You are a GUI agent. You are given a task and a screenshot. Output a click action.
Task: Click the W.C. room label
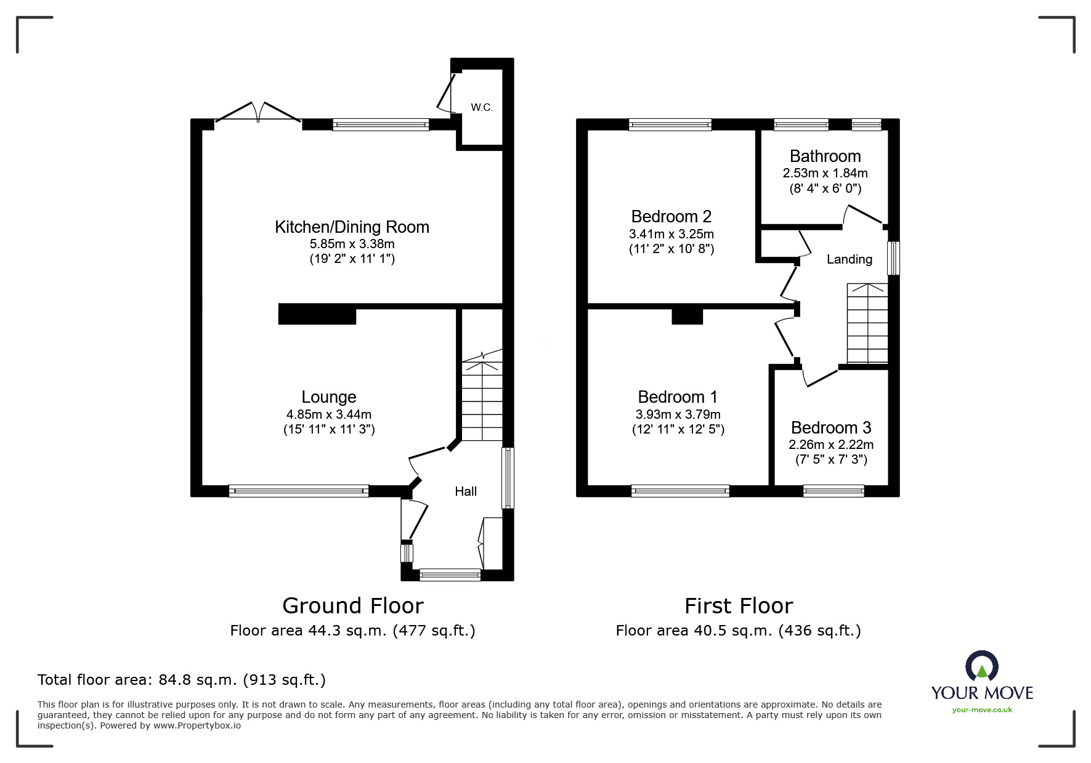tap(481, 108)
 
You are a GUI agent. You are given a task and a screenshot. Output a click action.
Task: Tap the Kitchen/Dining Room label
tap(352, 227)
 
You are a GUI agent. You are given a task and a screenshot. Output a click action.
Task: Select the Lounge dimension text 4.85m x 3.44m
tap(328, 414)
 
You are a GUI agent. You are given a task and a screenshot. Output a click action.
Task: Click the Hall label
tap(466, 491)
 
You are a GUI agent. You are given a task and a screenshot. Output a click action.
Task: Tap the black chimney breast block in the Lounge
tap(317, 314)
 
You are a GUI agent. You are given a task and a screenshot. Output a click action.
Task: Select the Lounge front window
tap(298, 491)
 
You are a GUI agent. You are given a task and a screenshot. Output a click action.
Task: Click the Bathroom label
tap(825, 156)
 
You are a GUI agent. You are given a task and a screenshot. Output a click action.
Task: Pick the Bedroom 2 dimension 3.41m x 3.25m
tap(671, 234)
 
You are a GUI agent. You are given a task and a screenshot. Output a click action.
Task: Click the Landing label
tap(849, 259)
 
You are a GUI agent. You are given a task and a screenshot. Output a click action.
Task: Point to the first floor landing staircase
tap(867, 323)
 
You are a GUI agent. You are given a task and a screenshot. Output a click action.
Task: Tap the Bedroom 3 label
tap(830, 427)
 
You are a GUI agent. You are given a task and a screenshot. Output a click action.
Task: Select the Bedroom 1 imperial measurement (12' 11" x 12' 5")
tap(678, 430)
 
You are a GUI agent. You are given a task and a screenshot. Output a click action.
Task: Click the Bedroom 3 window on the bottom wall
tap(833, 491)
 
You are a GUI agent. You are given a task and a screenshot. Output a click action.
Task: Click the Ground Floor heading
tap(352, 606)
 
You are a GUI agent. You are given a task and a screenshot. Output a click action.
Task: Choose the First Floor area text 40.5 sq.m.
tap(738, 631)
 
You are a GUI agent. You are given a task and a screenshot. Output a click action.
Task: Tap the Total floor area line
tap(182, 680)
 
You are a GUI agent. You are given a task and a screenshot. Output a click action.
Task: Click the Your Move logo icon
tap(981, 667)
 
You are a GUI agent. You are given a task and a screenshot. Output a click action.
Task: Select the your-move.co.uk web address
tap(982, 710)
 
